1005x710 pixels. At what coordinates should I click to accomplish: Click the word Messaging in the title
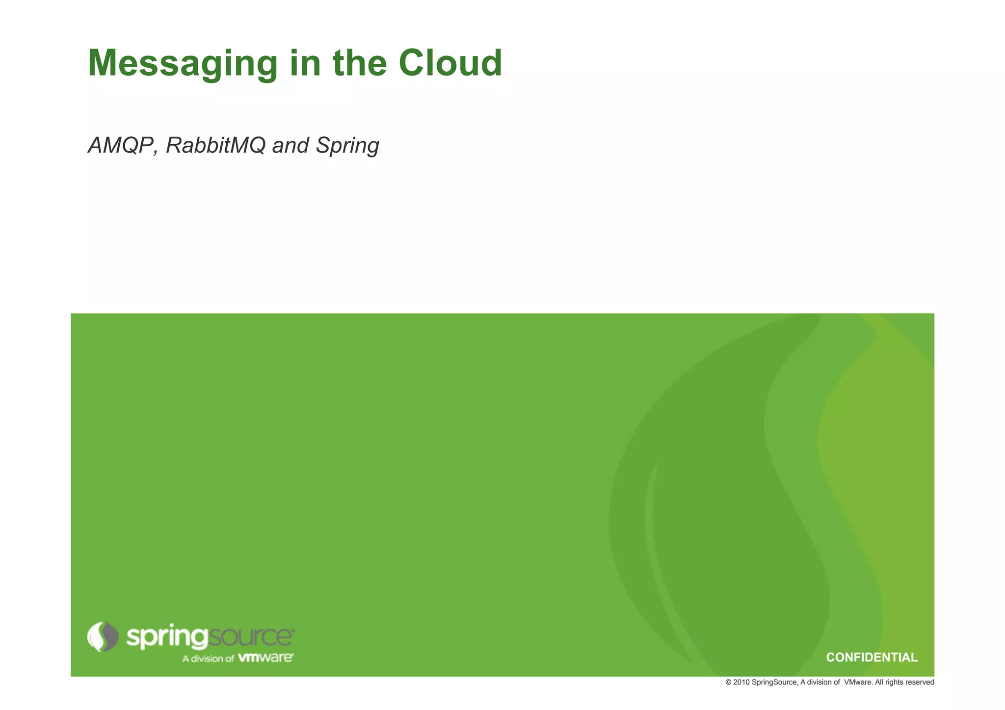pos(183,64)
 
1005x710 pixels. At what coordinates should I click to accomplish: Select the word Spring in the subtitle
pos(347,146)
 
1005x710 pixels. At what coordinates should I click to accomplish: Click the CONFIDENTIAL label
pos(872,657)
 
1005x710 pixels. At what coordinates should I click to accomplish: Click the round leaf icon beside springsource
pos(103,636)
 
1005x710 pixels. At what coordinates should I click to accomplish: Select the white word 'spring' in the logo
pos(167,637)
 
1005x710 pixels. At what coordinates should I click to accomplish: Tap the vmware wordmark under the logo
pos(265,657)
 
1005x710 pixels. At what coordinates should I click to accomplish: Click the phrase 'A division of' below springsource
pos(208,658)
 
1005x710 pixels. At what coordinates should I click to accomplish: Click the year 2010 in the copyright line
pos(741,683)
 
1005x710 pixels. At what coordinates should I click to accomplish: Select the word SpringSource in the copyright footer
pos(774,683)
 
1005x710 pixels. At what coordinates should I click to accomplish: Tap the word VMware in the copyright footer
pos(858,683)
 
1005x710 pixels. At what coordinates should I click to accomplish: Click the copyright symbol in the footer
pos(728,683)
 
